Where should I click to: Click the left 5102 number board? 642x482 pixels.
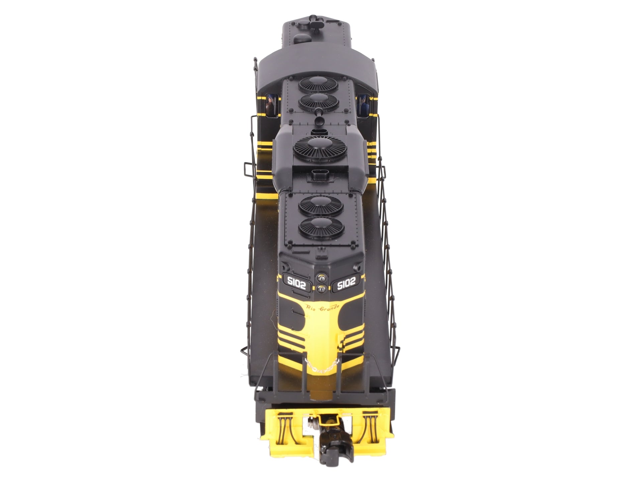click(297, 283)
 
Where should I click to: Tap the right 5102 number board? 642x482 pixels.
click(346, 283)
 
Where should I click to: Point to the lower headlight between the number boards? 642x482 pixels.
click(321, 288)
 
